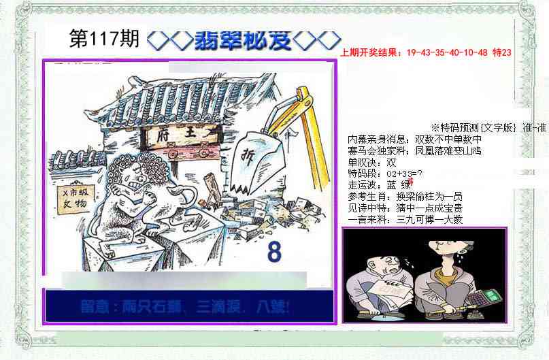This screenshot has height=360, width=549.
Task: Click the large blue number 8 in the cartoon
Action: (x=274, y=252)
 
